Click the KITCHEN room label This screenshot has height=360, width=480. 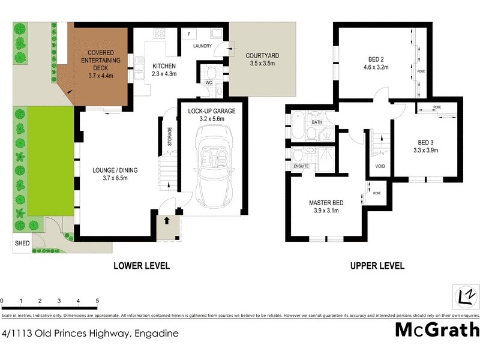point(164,66)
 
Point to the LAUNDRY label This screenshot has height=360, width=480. point(203,46)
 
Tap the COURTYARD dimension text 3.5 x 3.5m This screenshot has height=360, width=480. point(262,63)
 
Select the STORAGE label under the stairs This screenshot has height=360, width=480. point(170,137)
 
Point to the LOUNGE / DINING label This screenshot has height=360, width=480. point(116,170)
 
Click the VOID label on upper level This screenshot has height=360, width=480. point(379,166)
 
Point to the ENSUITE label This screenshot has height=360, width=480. point(301,166)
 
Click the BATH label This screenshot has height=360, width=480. point(317,122)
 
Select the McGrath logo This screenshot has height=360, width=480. point(437,330)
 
